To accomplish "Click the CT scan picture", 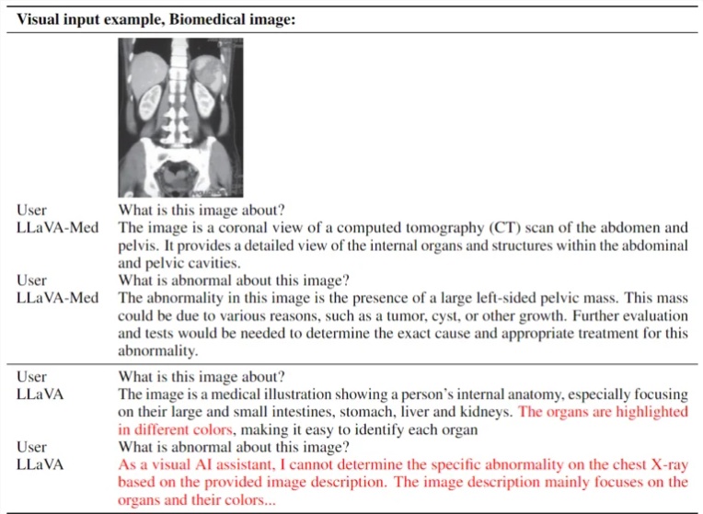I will coord(180,119).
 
